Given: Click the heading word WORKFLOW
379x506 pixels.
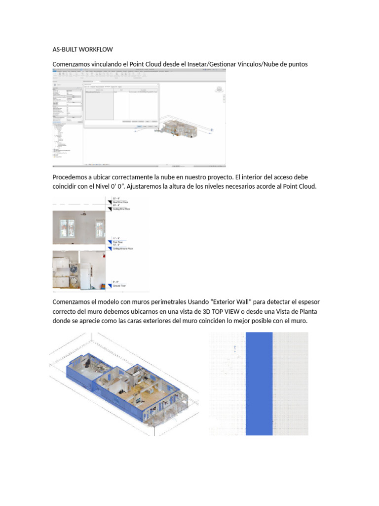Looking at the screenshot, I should [x=97, y=49].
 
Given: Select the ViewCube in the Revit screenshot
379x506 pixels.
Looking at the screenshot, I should [x=218, y=89].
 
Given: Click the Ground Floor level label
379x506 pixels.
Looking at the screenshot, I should [x=119, y=286].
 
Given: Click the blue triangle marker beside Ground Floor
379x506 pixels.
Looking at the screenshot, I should [x=110, y=285].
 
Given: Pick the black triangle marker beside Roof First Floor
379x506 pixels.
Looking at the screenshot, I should [x=110, y=202].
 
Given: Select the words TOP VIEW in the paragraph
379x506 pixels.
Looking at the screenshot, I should [x=236, y=311].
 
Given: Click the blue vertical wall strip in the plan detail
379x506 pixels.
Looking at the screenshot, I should [x=259, y=383].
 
